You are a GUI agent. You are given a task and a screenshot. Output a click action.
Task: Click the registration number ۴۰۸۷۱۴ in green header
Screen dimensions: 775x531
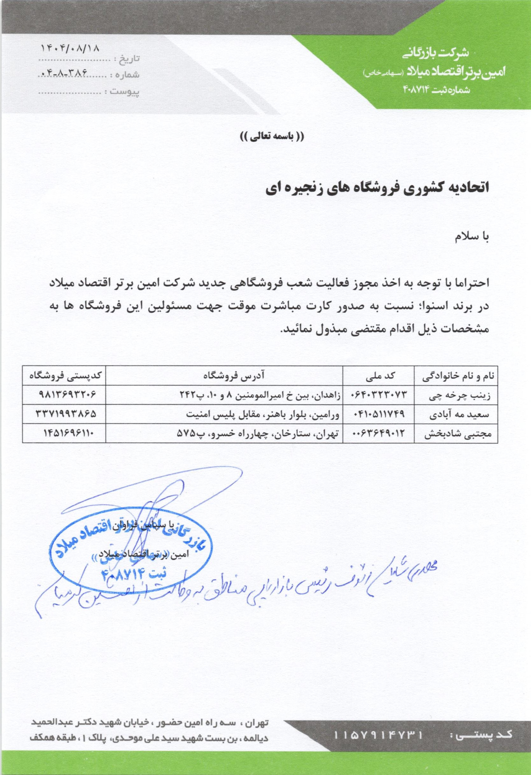(417, 89)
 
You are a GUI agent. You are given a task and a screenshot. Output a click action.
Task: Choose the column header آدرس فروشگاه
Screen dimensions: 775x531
(224, 375)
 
